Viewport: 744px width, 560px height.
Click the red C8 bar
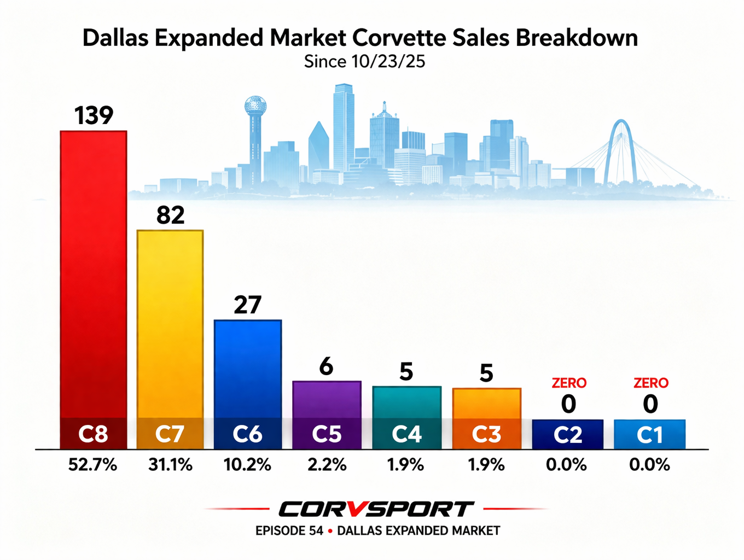(93, 273)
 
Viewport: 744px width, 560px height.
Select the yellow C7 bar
(170, 323)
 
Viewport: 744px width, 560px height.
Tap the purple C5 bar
(327, 399)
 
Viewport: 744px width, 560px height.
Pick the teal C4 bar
(406, 402)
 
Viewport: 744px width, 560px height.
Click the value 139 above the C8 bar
(94, 115)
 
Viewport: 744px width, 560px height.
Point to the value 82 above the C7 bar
(170, 215)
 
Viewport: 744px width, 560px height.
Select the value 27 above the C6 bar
(247, 305)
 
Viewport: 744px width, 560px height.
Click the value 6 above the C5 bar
(326, 366)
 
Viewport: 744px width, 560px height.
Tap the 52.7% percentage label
(92, 465)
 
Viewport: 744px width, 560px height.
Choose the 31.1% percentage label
(170, 465)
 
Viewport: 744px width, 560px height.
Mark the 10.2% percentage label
(247, 465)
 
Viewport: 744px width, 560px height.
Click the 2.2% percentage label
(327, 465)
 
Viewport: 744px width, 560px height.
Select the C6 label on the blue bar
(247, 434)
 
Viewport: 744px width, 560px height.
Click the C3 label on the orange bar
(486, 434)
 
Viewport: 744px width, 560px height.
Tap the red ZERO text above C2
(569, 383)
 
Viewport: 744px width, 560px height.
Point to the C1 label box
(650, 434)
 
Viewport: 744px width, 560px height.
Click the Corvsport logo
(376, 509)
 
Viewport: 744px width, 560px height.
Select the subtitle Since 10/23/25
(364, 62)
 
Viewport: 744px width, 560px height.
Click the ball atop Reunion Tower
(255, 104)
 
